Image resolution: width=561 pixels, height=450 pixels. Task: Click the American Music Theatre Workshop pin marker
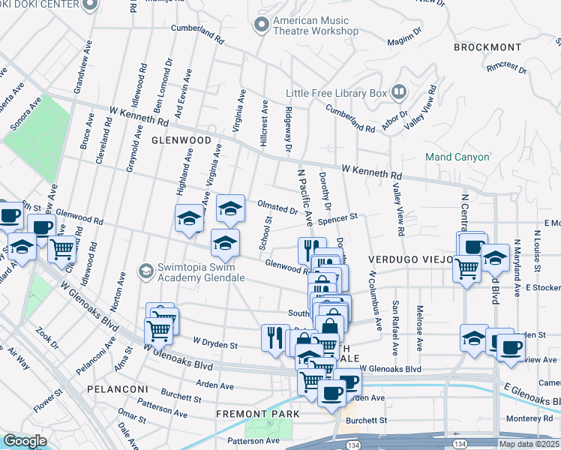click(x=262, y=25)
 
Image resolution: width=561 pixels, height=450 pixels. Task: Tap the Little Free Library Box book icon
click(x=399, y=93)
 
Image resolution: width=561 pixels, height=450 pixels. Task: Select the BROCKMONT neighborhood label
click(x=487, y=47)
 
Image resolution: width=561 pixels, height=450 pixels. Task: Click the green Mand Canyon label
click(x=457, y=157)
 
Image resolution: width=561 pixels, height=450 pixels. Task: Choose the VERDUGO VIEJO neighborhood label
click(x=410, y=259)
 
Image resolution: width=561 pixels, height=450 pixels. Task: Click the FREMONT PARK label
click(x=257, y=414)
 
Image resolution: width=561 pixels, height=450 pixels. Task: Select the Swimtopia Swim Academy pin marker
click(x=145, y=270)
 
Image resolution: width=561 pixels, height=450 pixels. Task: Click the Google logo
click(x=25, y=441)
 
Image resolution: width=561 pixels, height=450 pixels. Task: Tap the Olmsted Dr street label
click(x=277, y=207)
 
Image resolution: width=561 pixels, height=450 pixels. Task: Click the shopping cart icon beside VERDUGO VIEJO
click(x=467, y=267)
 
